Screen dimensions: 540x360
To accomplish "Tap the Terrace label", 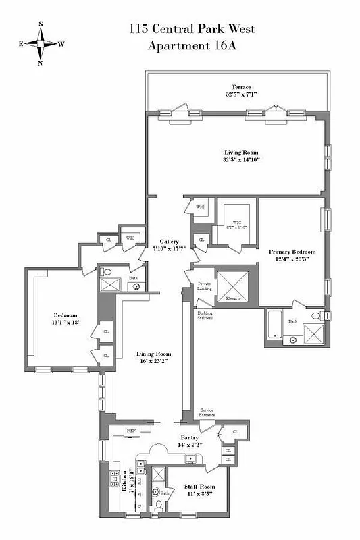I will click(241, 87).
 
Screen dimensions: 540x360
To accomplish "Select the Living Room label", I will click(241, 153).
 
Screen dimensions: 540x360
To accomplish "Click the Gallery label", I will click(169, 242).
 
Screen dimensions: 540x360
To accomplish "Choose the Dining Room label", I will click(155, 354).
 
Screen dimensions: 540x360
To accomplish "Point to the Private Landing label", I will click(205, 287).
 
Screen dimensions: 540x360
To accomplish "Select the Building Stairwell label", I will click(205, 315).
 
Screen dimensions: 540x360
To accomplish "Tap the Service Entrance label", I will click(207, 412).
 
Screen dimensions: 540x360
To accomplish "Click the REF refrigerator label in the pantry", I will click(132, 430).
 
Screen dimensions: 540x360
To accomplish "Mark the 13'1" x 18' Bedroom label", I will click(66, 319).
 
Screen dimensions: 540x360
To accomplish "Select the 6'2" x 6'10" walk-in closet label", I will click(237, 225).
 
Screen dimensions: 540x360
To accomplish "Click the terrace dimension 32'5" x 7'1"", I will click(241, 95).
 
